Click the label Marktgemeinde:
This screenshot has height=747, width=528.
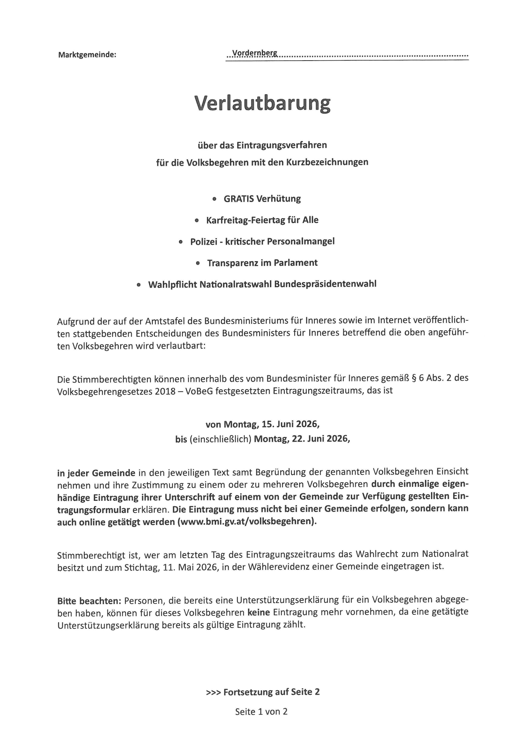pos(87,55)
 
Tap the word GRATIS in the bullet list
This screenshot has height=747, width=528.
pos(238,199)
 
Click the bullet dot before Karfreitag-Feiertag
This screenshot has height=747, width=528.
pos(196,221)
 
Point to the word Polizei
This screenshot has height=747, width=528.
pos(204,242)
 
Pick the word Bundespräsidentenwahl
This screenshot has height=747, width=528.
pos(325,284)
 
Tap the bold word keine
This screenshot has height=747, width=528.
pos(259,612)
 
